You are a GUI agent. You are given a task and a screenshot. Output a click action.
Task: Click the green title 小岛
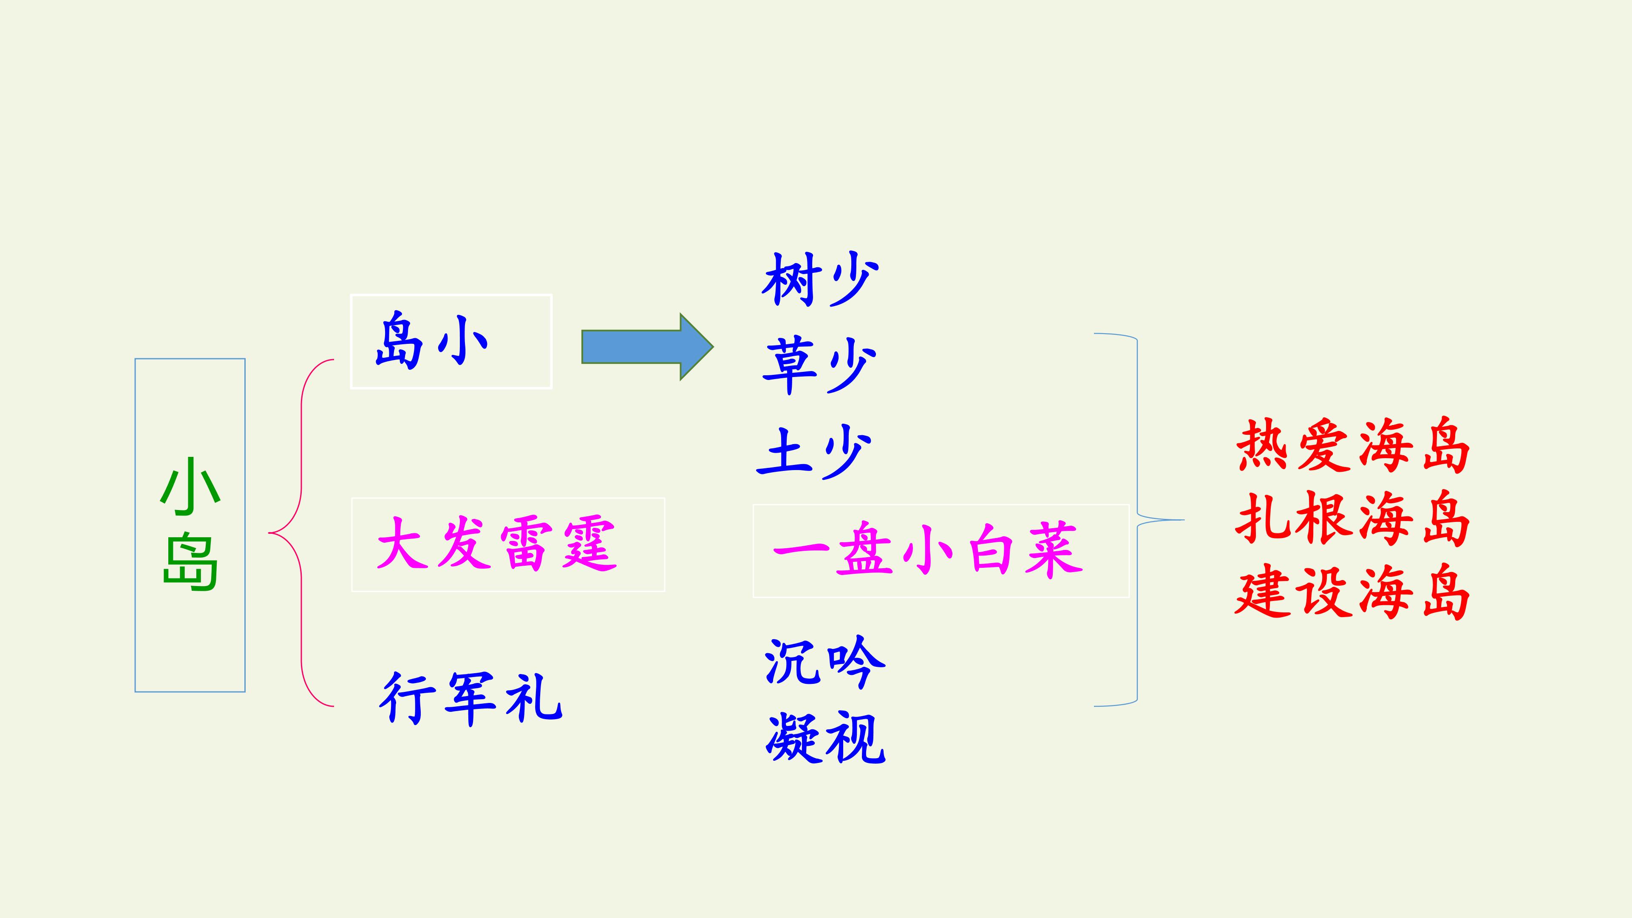(190, 524)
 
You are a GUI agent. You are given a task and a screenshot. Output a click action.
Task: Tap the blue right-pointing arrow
(647, 346)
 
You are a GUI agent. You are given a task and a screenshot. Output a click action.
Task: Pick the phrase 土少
(814, 452)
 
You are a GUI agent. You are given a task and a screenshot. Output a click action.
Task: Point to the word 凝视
(825, 737)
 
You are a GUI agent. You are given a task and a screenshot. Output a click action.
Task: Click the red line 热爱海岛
(1353, 446)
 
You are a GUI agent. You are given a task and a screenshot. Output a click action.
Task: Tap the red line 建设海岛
(1353, 592)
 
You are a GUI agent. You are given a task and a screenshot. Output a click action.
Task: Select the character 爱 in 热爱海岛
(1323, 446)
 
